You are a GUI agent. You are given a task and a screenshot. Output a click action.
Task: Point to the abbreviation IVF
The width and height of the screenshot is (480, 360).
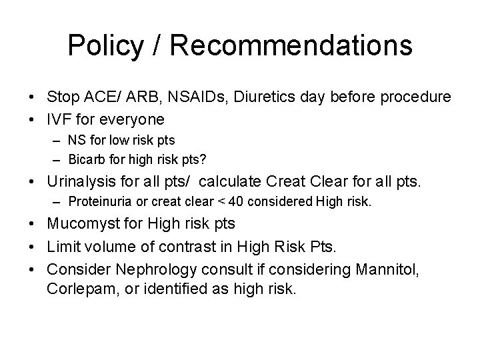point(59,119)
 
